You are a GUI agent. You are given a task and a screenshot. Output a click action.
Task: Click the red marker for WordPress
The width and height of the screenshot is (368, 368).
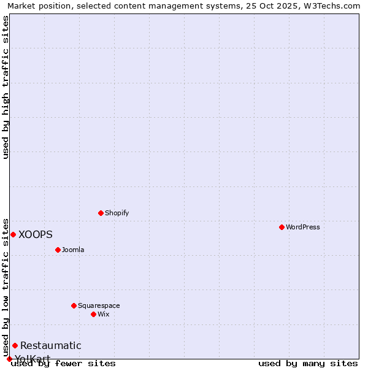(282, 227)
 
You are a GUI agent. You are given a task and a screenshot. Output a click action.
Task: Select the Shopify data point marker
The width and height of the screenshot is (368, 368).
(101, 213)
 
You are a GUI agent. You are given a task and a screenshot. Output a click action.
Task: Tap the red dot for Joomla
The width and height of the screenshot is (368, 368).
(58, 250)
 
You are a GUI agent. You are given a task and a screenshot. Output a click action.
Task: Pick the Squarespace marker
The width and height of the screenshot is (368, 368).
(74, 305)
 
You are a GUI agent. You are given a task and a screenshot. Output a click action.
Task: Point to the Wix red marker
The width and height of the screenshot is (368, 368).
(93, 314)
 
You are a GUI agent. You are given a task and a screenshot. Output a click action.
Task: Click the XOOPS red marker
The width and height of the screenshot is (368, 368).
(13, 234)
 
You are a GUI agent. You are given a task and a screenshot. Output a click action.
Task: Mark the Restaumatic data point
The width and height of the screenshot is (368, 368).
(15, 345)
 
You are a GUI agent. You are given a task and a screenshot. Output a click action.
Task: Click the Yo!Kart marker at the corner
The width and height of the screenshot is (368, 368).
(9, 359)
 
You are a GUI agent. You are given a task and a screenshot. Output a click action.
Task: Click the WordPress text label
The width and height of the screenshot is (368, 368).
(303, 227)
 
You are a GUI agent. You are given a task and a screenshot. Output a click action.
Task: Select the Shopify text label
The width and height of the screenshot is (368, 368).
(117, 213)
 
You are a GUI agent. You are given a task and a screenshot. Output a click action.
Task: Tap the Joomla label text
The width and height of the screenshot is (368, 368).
(73, 250)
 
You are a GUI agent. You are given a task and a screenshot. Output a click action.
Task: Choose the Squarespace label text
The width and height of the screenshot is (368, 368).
(99, 305)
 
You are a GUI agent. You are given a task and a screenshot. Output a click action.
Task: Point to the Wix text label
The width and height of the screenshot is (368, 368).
(104, 314)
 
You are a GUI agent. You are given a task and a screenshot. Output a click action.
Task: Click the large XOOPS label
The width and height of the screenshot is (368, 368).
(36, 234)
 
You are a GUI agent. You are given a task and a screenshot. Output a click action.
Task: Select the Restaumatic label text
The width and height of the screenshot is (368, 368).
(50, 346)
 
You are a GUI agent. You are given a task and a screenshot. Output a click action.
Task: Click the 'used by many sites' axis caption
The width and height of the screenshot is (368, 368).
(308, 363)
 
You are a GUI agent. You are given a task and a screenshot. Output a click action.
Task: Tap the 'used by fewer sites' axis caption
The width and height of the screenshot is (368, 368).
(64, 363)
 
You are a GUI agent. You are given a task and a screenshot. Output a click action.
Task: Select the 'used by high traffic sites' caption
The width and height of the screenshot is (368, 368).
(6, 87)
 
